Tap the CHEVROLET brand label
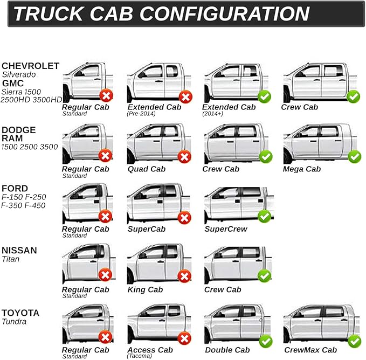30,66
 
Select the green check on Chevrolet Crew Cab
353,97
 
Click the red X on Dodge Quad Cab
185,157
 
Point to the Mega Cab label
302,169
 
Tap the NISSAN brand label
19,251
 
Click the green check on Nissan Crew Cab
264,276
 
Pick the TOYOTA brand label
20,313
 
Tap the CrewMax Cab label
310,350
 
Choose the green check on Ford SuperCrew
264,217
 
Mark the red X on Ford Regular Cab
106,217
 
